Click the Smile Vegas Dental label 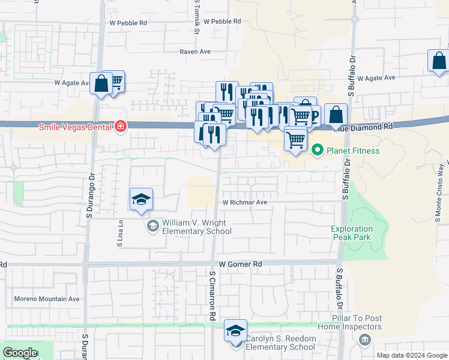point(76,127)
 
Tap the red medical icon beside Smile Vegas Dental point(121,127)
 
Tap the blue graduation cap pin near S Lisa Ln point(141,200)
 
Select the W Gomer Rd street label point(241,264)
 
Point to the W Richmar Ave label point(245,203)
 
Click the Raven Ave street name point(195,52)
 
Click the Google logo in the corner point(20,352)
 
